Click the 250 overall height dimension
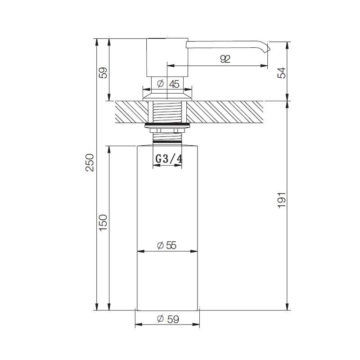tap(90, 162)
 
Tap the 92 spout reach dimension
tap(225, 59)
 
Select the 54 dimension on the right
tap(282, 73)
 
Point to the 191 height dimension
tap(282, 200)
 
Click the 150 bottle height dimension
tap(103, 223)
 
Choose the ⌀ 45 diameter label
tap(168, 84)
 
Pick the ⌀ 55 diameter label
tap(166, 245)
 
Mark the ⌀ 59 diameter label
tap(168, 319)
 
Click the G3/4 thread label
tap(169, 159)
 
